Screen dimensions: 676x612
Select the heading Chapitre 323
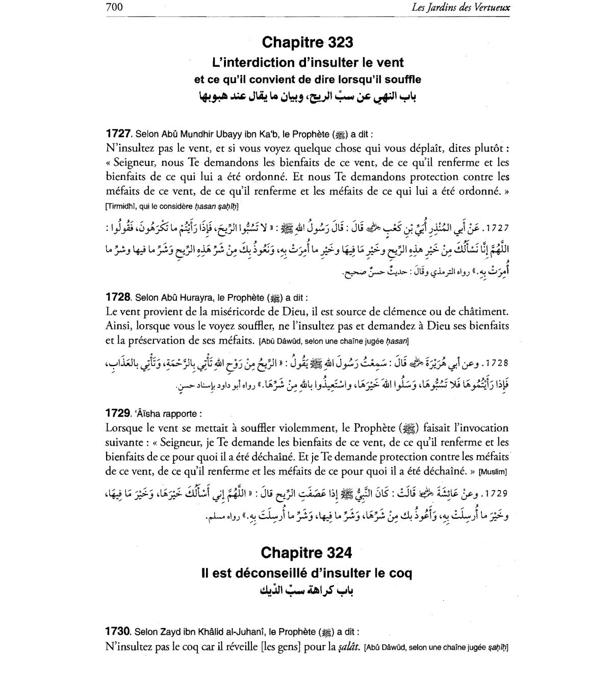coord(307,42)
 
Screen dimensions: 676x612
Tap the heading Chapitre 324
coord(306,553)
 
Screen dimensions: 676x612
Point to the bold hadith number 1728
coord(118,297)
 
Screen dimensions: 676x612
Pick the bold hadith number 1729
coord(118,413)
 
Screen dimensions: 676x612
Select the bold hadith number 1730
coord(118,632)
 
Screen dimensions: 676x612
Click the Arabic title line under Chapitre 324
coord(306,591)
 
